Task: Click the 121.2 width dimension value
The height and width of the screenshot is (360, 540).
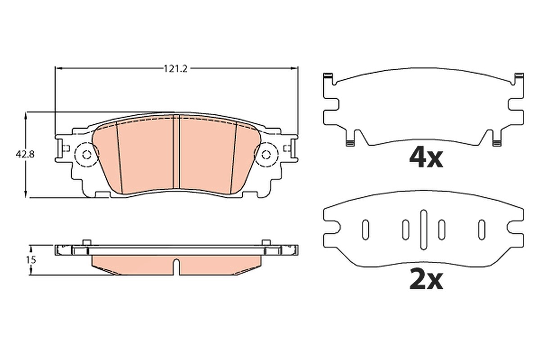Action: click(x=175, y=69)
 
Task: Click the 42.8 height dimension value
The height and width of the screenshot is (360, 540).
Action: click(x=25, y=154)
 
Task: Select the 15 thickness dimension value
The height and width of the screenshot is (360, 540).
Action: click(x=31, y=260)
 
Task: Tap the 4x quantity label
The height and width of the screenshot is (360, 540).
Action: click(x=426, y=158)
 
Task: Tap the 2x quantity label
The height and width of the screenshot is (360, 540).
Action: click(x=426, y=280)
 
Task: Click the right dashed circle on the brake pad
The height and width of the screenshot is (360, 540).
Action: click(x=279, y=155)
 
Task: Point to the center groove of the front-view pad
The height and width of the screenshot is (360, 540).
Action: click(x=176, y=152)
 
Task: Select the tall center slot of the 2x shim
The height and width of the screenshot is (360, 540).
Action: click(x=423, y=230)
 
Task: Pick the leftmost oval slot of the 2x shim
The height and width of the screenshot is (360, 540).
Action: click(x=365, y=230)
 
